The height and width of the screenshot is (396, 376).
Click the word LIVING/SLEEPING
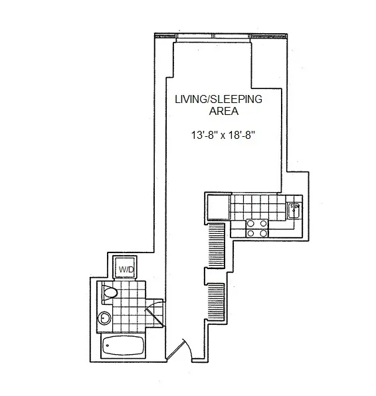click(219, 99)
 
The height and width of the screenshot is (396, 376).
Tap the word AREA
click(224, 111)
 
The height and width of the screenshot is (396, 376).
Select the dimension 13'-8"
click(205, 136)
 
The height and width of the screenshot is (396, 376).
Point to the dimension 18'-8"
click(240, 136)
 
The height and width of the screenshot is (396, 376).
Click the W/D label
click(126, 270)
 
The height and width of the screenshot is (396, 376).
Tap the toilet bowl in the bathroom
click(110, 293)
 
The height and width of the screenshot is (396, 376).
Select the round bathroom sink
click(104, 318)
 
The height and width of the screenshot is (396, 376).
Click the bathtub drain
click(108, 346)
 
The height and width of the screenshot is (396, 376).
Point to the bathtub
click(124, 346)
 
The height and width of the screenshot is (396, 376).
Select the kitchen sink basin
click(294, 211)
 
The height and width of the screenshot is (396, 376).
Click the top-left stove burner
click(250, 223)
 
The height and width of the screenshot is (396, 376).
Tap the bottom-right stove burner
click(263, 233)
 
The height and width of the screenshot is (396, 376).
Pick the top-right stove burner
click(263, 223)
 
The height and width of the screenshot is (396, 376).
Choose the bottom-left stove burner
click(250, 233)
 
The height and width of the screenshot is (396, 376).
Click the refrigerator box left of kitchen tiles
click(219, 207)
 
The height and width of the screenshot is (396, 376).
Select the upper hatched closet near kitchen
click(217, 245)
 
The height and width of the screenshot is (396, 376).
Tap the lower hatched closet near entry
click(217, 302)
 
